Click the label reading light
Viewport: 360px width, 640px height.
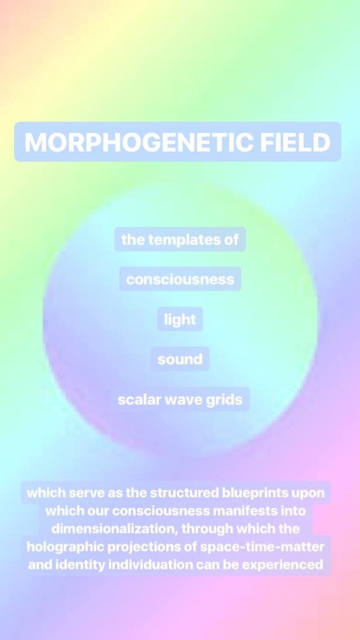(180, 319)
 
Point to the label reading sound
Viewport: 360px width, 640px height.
(180, 359)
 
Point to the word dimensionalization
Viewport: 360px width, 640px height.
(115, 529)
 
